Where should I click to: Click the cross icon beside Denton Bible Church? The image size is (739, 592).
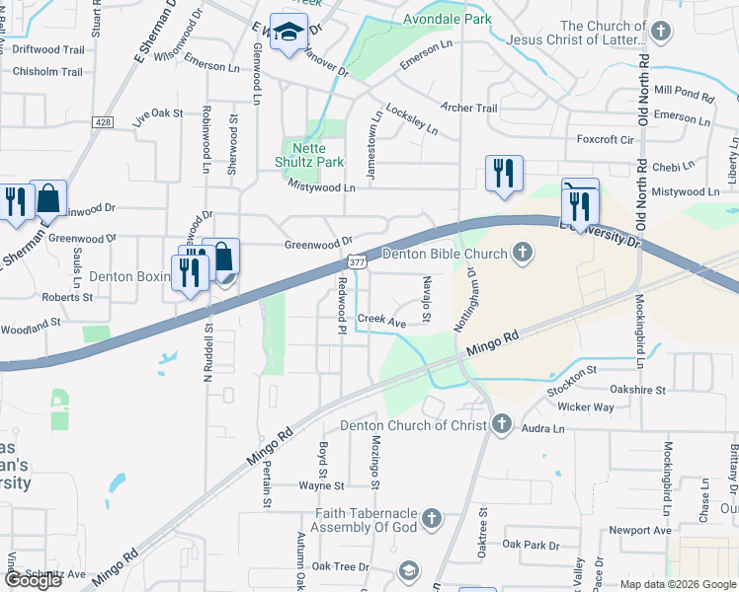tap(523, 255)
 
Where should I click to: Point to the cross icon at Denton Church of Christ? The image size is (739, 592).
tap(501, 425)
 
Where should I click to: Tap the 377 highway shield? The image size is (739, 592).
tap(357, 259)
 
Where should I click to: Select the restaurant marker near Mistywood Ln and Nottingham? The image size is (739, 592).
tap(504, 175)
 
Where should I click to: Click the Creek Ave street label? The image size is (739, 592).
tap(381, 321)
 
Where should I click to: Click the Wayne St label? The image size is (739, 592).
tap(322, 485)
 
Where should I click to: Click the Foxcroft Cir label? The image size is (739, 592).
tap(605, 140)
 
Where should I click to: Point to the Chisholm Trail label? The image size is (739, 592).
tap(47, 72)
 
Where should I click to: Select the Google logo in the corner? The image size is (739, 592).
tap(33, 580)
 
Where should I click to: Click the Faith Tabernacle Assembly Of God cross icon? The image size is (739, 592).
tap(430, 518)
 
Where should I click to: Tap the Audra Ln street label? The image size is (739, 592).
tap(542, 429)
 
